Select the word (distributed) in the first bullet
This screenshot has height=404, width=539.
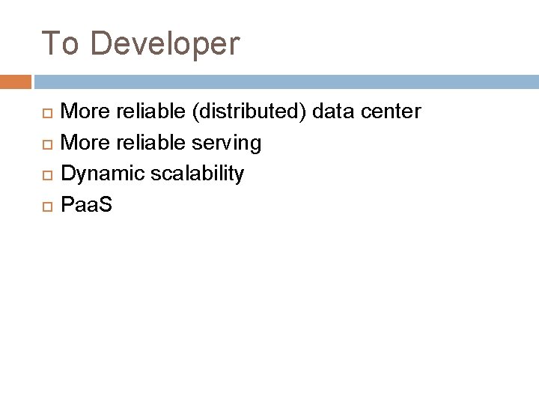click(248, 112)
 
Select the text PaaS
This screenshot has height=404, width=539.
click(85, 204)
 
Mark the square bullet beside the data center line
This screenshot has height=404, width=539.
click(46, 113)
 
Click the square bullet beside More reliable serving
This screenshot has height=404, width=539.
click(46, 144)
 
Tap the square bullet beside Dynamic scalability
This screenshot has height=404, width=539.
click(46, 174)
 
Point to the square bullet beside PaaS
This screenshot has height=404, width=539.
click(46, 205)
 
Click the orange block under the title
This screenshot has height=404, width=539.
click(15, 82)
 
